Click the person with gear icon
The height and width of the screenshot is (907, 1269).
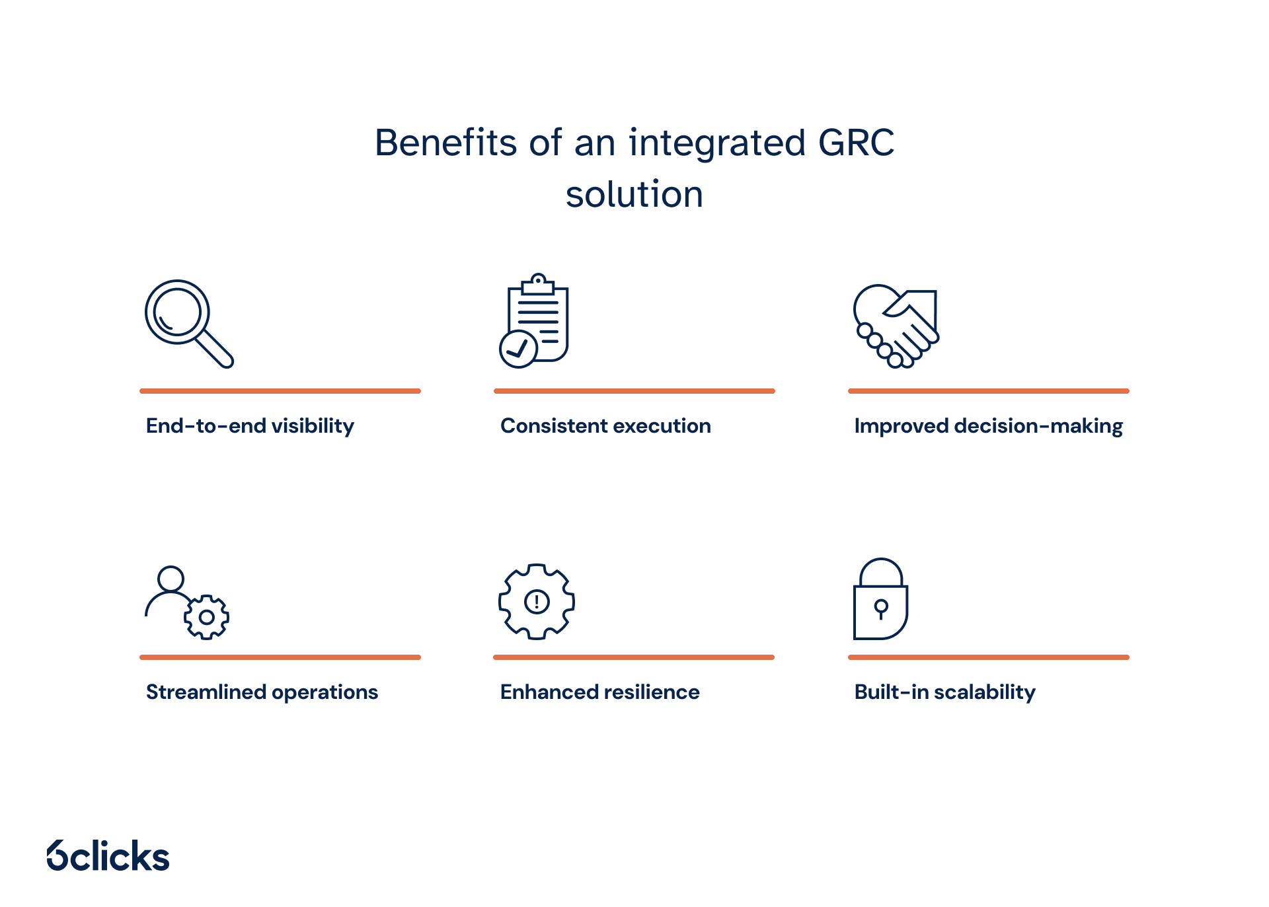186,602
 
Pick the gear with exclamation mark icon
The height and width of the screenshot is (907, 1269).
537,602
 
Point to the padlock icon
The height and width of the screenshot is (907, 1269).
880,600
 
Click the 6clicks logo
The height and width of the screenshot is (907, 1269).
108,856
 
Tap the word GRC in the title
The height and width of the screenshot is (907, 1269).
856,143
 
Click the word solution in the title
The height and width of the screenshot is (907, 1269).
634,194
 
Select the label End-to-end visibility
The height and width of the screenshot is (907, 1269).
250,426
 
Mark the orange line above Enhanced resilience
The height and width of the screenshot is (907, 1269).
633,657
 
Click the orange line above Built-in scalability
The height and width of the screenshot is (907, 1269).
988,657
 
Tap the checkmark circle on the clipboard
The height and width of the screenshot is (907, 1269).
518,349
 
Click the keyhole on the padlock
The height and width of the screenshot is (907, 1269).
880,608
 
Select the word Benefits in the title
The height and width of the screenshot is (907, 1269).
445,143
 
